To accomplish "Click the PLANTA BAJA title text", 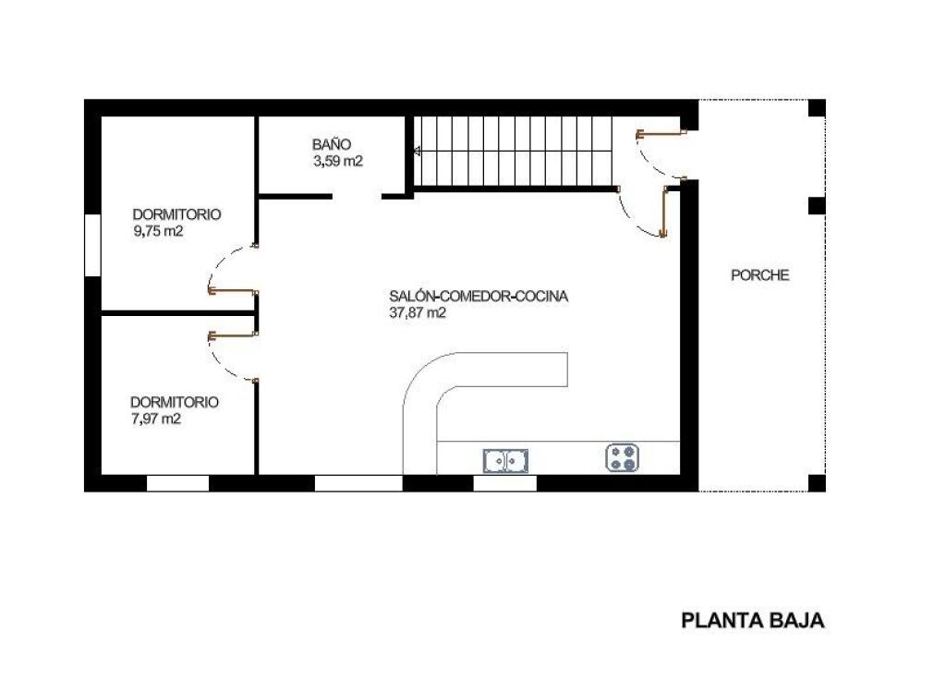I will [x=752, y=621].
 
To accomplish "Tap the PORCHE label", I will [x=760, y=275].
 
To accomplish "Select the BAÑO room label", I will [x=332, y=145].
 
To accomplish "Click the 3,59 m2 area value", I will [x=337, y=161].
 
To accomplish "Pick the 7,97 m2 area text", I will [x=155, y=420].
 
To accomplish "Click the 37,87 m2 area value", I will [x=418, y=313].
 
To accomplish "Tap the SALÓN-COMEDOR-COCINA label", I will [x=479, y=297].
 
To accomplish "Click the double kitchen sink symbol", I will [x=505, y=459].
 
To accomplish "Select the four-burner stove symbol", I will [x=624, y=457].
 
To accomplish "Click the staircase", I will [x=514, y=151].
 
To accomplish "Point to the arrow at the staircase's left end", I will [x=417, y=151].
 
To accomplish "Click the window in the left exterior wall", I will [x=92, y=245].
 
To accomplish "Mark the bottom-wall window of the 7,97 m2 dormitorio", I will [x=177, y=482].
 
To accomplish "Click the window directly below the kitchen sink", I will [x=504, y=482].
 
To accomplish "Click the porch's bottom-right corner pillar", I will [x=817, y=482].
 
